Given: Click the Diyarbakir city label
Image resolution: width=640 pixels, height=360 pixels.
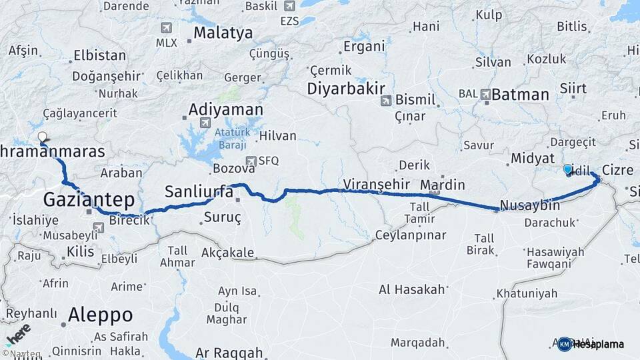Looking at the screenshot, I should pyautogui.click(x=346, y=89).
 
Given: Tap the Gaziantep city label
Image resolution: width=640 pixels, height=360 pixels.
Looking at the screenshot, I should pyautogui.click(x=89, y=199).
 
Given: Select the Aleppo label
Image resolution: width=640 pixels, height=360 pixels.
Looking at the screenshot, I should pyautogui.click(x=100, y=315).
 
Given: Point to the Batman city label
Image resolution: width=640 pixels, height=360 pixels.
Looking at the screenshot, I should pyautogui.click(x=520, y=95).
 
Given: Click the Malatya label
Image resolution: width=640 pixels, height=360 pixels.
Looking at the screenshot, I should pyautogui.click(x=223, y=33).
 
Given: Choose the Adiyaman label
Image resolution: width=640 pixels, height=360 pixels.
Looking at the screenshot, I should pyautogui.click(x=225, y=109).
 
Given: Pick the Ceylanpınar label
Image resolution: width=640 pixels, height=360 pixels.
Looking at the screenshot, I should pyautogui.click(x=409, y=235).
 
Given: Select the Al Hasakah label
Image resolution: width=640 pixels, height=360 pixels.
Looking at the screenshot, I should pyautogui.click(x=411, y=289).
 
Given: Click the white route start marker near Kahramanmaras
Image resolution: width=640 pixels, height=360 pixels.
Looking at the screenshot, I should pyautogui.click(x=43, y=137).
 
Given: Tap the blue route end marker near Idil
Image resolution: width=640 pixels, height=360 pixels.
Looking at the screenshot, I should pyautogui.click(x=567, y=169).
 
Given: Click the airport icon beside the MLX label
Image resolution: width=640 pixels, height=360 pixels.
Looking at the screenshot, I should pyautogui.click(x=166, y=29).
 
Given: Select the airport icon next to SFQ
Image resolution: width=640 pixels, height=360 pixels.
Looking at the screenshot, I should pyautogui.click(x=250, y=161).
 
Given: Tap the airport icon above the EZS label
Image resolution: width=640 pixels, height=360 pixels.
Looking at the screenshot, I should pyautogui.click(x=289, y=7).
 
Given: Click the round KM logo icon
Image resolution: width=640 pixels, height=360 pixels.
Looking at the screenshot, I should pyautogui.click(x=564, y=344).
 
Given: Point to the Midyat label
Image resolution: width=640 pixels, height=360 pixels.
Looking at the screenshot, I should pyautogui.click(x=532, y=159).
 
